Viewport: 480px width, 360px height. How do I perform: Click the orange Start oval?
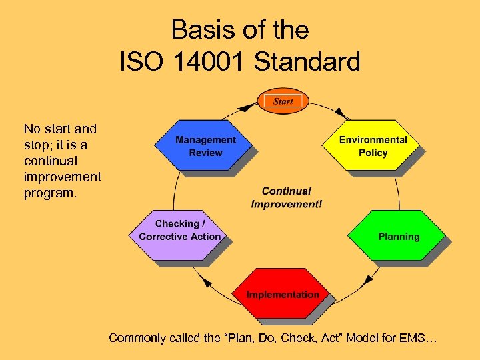pyautogui.click(x=283, y=101)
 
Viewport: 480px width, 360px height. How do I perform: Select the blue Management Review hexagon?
pyautogui.click(x=205, y=146)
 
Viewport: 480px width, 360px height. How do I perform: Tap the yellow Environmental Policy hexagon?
pyautogui.click(x=373, y=146)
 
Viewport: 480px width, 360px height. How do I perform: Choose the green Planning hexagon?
pyautogui.click(x=398, y=237)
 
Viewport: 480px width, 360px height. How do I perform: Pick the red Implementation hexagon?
pyautogui.click(x=283, y=294)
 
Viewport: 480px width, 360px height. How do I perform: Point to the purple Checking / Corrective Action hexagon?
pyautogui.click(x=179, y=231)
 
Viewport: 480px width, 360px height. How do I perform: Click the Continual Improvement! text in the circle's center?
pyautogui.click(x=286, y=197)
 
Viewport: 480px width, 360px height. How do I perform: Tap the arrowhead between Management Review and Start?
pyautogui.click(x=247, y=105)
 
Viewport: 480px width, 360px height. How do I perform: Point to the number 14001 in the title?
pyautogui.click(x=207, y=62)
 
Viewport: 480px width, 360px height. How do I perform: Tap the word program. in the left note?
pyautogui.click(x=51, y=193)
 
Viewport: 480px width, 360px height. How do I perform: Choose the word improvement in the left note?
pyautogui.click(x=62, y=177)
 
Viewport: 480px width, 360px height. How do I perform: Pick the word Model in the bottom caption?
pyautogui.click(x=363, y=339)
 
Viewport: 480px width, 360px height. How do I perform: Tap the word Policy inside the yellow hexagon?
pyautogui.click(x=373, y=153)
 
